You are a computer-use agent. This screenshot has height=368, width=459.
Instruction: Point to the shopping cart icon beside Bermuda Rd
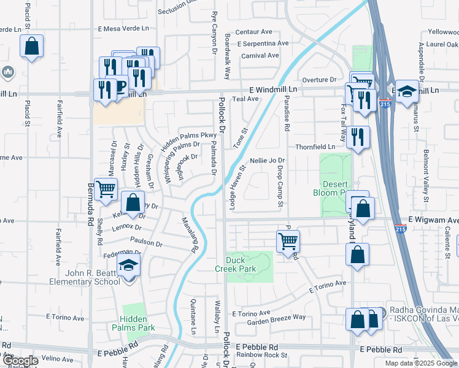(106, 190)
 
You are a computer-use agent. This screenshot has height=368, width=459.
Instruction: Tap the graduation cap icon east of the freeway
(406, 93)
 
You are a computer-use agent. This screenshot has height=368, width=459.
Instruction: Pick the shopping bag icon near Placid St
(32, 47)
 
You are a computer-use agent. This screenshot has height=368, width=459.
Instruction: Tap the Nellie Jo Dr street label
(268, 160)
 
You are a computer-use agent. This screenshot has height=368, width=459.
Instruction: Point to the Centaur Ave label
(254, 31)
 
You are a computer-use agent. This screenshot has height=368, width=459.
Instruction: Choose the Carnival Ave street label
(260, 56)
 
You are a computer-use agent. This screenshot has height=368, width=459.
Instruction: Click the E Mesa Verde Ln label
(124, 28)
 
